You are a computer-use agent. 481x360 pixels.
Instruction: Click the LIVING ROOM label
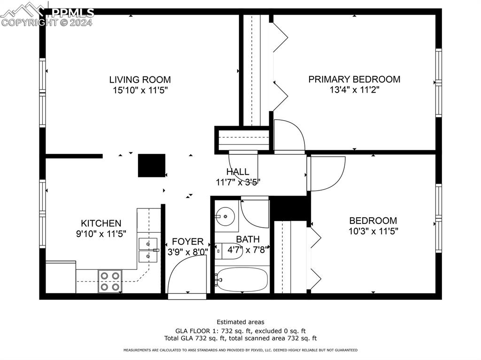coord(140,80)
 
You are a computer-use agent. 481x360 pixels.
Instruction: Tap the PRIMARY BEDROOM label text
coord(354,79)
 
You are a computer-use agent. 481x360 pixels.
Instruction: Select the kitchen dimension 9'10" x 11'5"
coord(101,234)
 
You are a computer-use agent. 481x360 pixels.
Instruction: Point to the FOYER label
coord(187,242)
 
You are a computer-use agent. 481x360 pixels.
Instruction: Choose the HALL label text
coord(237,172)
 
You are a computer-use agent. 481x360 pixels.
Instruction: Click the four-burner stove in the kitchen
coord(110,281)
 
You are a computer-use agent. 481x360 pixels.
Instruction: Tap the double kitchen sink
coord(147,250)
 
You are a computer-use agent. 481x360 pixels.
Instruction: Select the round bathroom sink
coord(226,216)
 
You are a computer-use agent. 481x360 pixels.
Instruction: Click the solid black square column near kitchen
coord(151,166)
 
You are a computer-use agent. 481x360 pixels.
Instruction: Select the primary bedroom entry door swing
coord(288,136)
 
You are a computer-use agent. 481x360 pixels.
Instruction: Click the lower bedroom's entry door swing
coord(327,173)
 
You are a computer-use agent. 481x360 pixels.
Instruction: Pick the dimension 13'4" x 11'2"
coord(354,90)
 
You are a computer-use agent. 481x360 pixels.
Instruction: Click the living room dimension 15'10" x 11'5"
coord(140,90)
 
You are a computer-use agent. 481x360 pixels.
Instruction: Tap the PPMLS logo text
coord(72,13)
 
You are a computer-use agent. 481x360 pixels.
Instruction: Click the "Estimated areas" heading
coord(240,322)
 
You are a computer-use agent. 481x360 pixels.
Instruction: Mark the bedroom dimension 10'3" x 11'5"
coord(373,231)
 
